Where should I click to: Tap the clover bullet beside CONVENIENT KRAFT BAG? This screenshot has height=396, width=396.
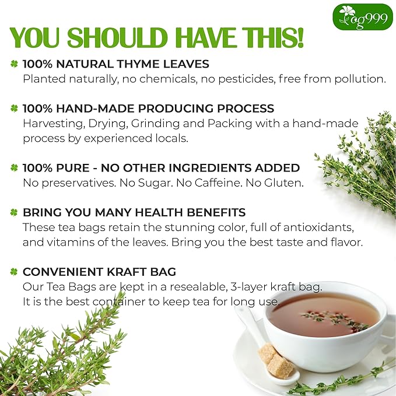click(x=15, y=272)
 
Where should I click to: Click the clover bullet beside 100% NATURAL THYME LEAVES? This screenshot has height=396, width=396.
click(x=15, y=64)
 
